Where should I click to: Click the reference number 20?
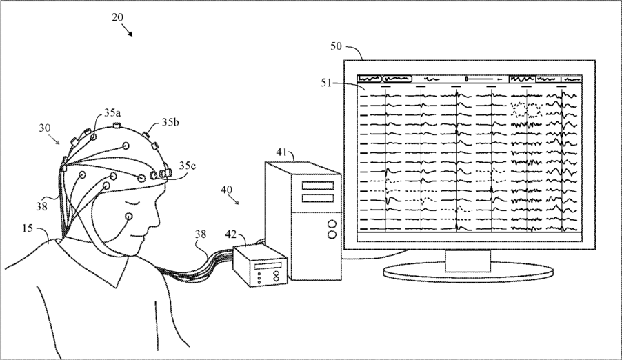(118, 18)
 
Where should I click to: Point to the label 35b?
(171, 123)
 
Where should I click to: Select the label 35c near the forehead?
(188, 166)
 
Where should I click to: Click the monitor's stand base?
(469, 272)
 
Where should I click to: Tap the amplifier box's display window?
(271, 264)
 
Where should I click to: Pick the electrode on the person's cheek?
(130, 217)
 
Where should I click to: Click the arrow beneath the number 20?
(126, 30)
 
